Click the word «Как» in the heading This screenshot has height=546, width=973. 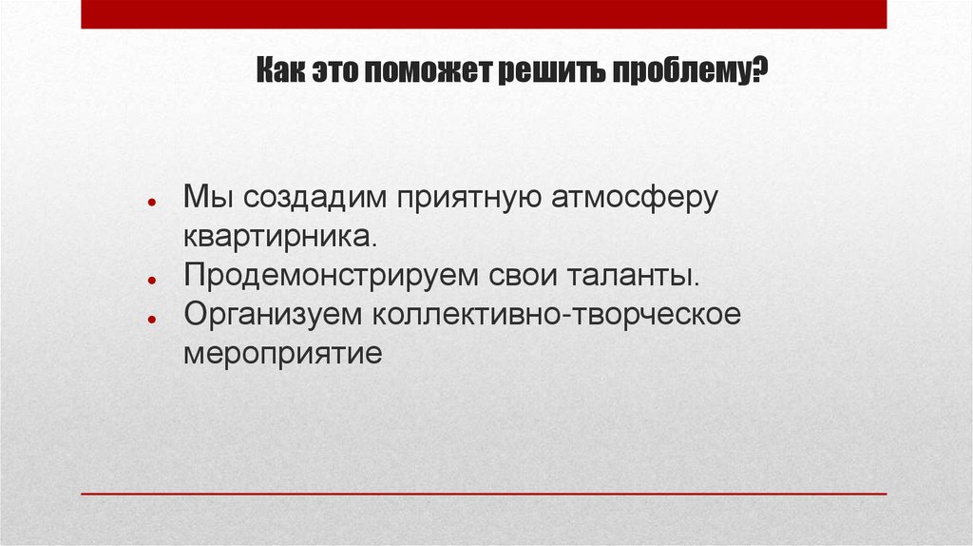[277, 72]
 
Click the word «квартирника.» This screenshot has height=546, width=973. [282, 237]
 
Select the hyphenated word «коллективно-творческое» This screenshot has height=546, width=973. [557, 315]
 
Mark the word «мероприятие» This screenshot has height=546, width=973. [282, 354]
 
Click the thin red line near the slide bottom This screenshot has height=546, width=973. [484, 494]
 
